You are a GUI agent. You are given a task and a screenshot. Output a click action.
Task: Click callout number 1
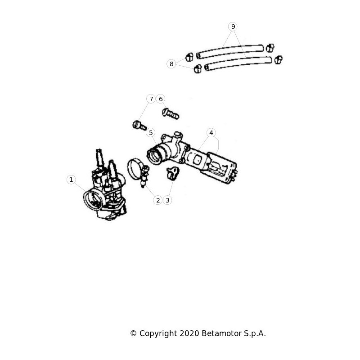(71, 180)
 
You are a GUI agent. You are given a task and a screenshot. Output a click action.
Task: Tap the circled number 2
(158, 200)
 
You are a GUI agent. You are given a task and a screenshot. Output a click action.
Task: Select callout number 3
(167, 200)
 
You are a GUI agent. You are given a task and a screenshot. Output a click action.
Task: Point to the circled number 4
(211, 133)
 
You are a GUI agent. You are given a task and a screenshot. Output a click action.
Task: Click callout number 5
(151, 133)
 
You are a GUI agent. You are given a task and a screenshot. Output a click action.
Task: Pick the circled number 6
(161, 99)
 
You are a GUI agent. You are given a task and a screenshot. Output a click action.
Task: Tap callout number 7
(151, 99)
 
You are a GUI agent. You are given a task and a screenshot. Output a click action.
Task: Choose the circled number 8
(171, 64)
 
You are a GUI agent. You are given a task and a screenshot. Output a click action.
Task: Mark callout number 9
(233, 27)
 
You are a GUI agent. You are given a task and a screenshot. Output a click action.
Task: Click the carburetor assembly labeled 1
(105, 188)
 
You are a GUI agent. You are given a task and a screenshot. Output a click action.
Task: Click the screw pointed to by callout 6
(171, 114)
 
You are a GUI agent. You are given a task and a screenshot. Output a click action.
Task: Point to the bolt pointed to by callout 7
(139, 126)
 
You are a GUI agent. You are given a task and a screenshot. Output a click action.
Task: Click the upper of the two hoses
(229, 51)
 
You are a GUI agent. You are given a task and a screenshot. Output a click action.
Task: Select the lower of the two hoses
(238, 63)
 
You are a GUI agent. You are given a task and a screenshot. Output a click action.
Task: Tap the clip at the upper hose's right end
(270, 48)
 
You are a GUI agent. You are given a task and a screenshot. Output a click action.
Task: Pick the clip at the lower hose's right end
(279, 60)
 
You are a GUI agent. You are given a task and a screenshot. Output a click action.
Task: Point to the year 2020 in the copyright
(189, 333)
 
